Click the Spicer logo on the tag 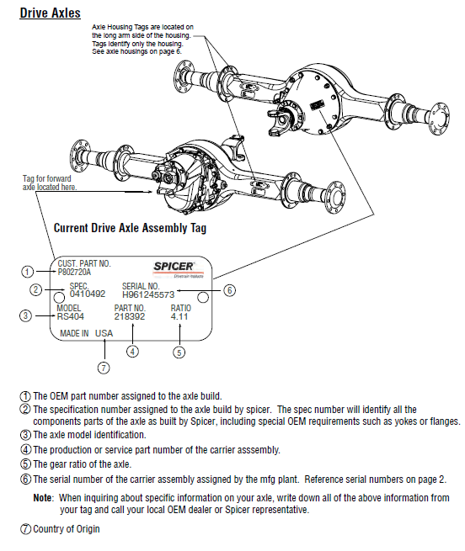176,268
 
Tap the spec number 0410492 87,294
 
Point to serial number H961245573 147,294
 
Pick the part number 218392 130,316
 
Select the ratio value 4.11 179,316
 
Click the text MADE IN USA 86,333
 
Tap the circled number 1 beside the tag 28,272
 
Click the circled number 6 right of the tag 230,290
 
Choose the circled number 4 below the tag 133,351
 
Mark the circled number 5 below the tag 179,352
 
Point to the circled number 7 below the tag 104,368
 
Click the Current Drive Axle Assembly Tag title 130,228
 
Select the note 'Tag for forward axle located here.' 49,183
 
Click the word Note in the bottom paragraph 43,498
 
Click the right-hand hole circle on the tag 202,298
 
